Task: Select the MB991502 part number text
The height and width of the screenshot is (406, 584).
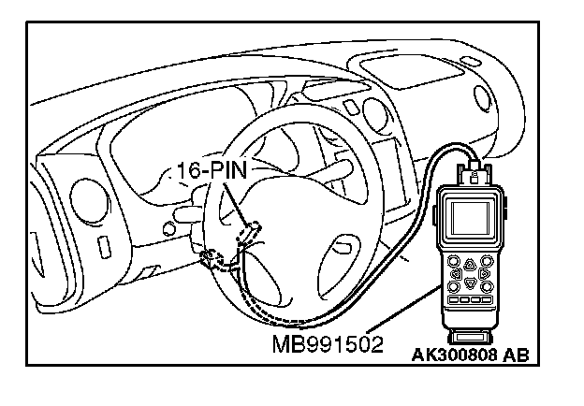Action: click(x=328, y=344)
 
